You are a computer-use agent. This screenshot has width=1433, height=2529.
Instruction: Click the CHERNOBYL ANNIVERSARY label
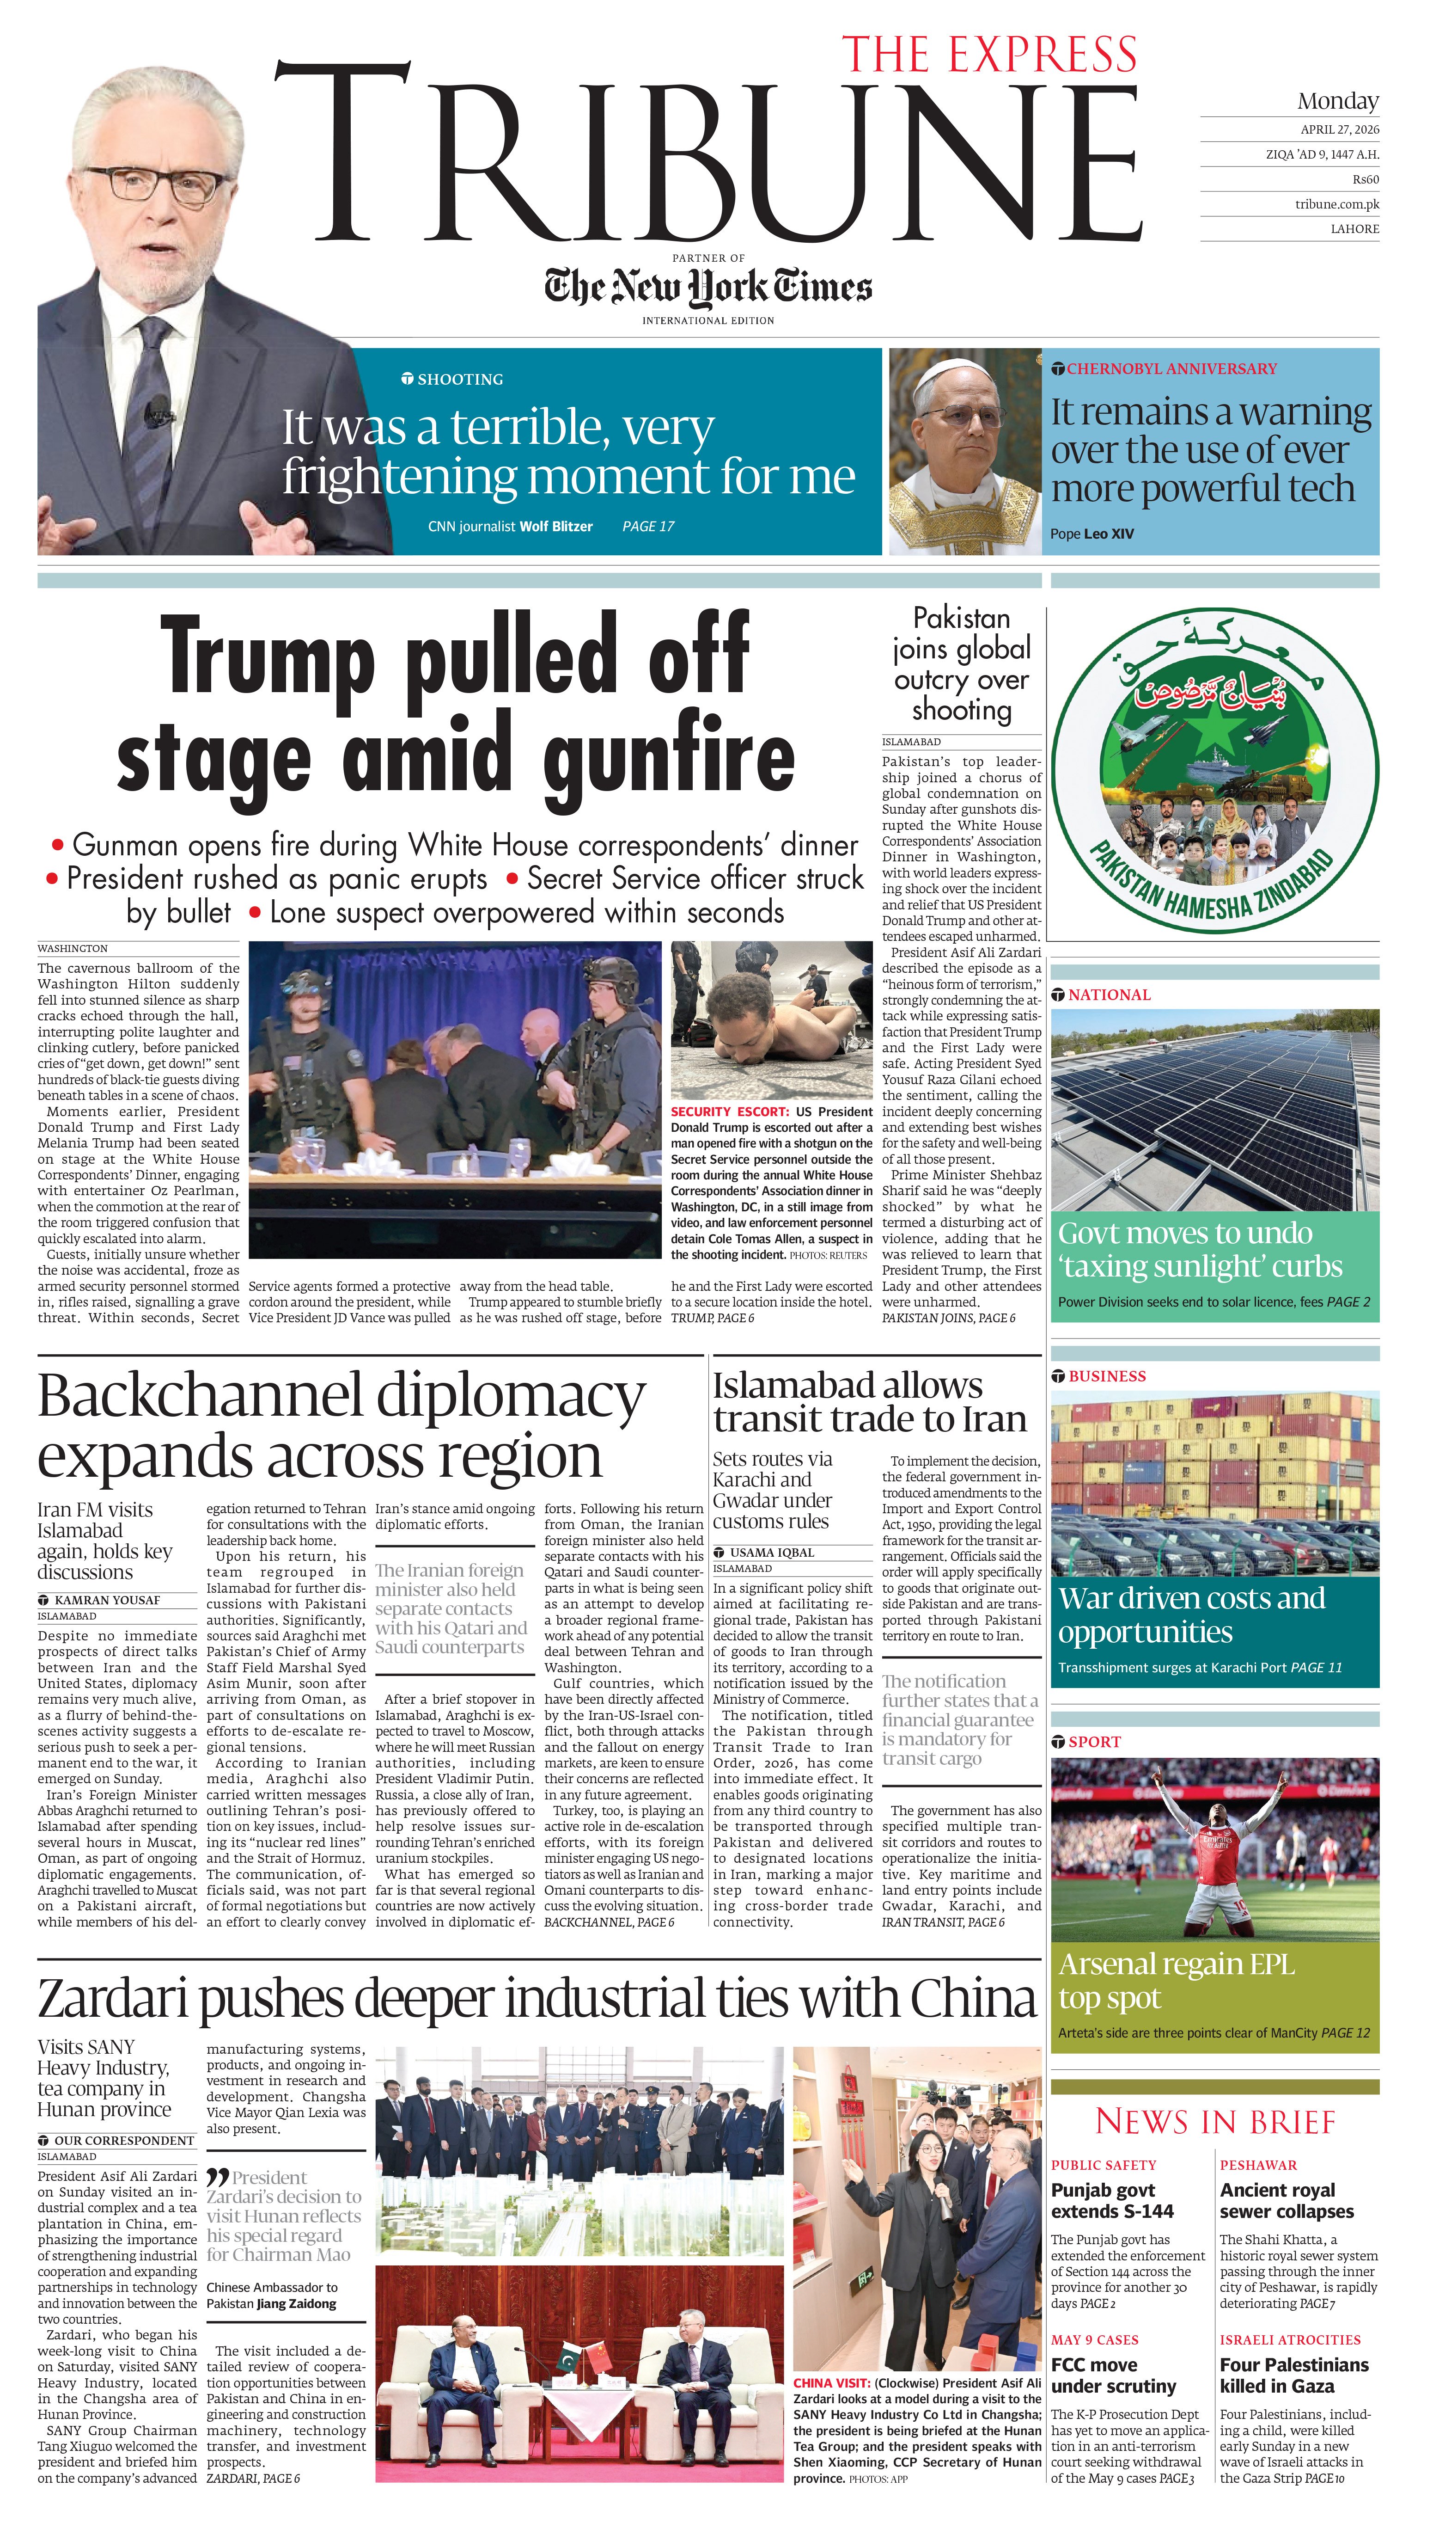pos(1171,369)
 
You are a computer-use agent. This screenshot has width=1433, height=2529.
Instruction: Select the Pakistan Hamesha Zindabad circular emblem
pos(1214,769)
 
